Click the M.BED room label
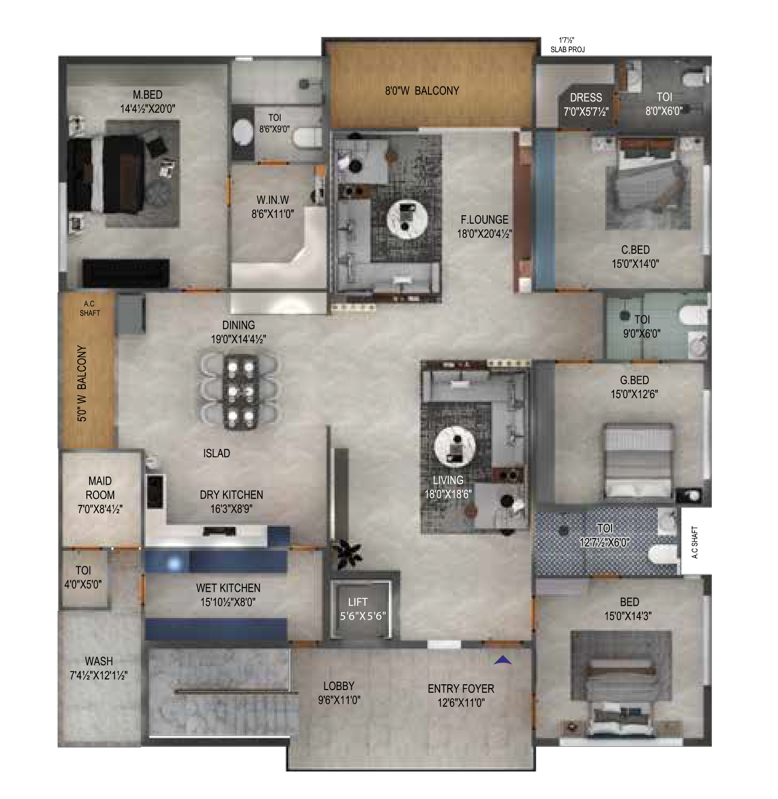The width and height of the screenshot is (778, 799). pos(148,95)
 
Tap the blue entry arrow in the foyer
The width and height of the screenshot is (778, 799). pos(503,660)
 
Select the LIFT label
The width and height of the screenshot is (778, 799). pos(358,602)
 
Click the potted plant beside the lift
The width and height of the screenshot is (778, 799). pos(346,554)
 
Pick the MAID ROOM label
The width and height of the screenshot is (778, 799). pos(100,488)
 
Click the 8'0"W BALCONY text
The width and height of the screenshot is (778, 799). pos(422,91)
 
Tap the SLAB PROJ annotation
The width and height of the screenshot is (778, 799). pos(568,50)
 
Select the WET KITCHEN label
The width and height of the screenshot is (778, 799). pos(228,588)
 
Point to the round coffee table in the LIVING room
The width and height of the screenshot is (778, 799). pos(455,446)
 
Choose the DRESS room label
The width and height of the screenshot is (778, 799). pos(586,98)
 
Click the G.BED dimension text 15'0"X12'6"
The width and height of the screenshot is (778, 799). pos(634,394)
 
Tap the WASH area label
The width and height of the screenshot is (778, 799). pos(99,661)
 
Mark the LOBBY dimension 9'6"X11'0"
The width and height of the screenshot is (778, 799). pos(339,700)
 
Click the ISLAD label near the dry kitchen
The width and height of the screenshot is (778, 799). pos(217,454)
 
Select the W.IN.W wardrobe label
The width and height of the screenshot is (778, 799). pos(273,200)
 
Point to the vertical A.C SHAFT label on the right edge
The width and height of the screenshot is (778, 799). pos(695,542)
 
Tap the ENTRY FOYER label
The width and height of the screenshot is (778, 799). pos(461,689)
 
